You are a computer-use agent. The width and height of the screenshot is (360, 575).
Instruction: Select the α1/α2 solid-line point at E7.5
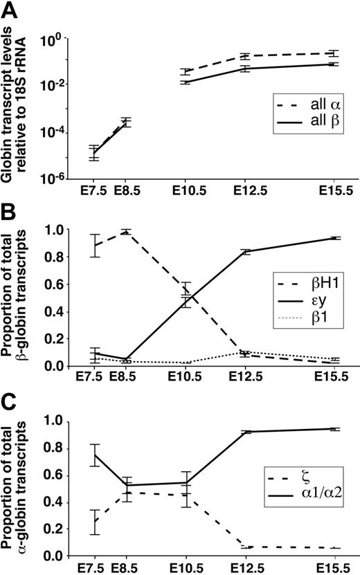tap(96, 455)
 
